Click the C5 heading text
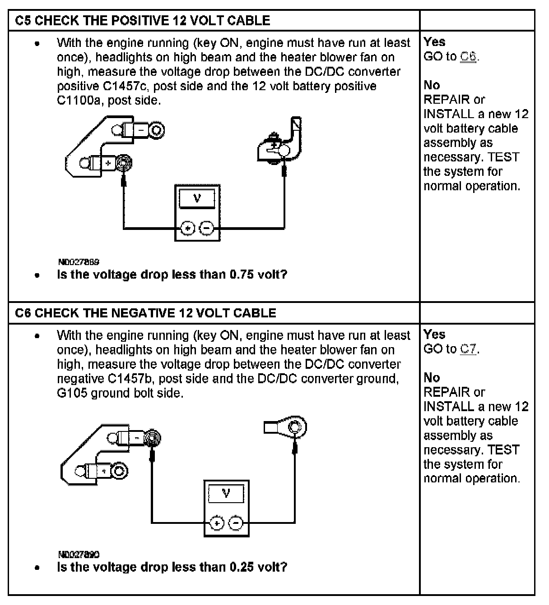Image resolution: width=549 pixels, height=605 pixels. tap(143, 20)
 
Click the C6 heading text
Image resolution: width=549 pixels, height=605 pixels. tap(145, 313)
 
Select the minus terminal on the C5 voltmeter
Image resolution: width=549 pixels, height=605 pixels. tap(206, 229)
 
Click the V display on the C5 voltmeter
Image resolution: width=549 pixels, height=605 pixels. tap(197, 199)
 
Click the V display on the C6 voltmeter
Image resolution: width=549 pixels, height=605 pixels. tap(226, 494)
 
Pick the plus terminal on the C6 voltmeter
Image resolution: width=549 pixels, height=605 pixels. tap(217, 523)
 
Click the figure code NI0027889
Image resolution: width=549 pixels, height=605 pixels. tap(79, 262)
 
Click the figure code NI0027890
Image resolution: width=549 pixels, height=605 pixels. tap(79, 555)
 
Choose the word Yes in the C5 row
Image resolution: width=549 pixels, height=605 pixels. tap(434, 42)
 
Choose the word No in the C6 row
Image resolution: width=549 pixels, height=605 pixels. tap(432, 377)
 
